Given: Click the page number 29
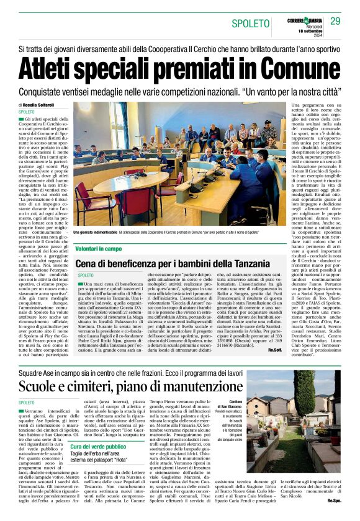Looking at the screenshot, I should (x=335, y=21).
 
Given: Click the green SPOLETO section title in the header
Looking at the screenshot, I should (x=248, y=24).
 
